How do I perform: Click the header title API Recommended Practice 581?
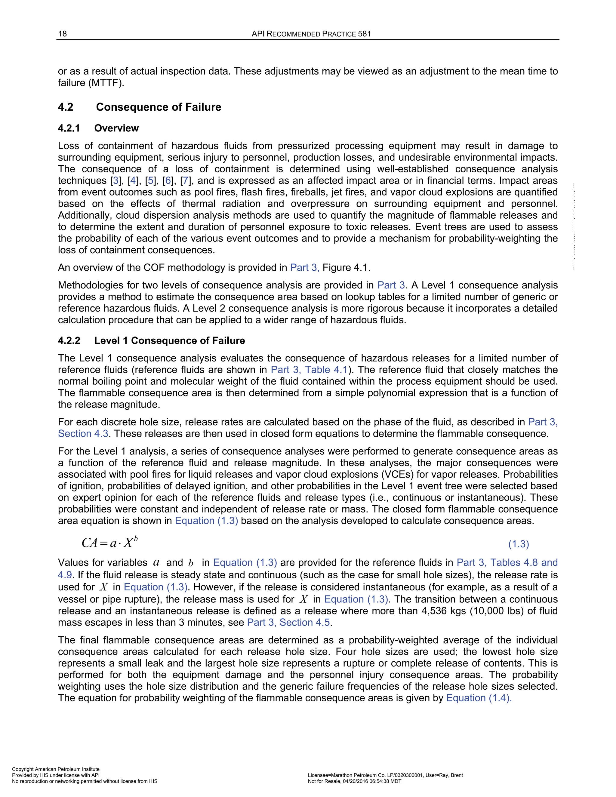coord(311,34)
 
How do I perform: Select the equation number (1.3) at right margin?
coord(518,544)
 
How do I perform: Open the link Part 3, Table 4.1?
coord(309,370)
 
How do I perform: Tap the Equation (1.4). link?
coord(479,698)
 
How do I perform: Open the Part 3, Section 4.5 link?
coord(289,622)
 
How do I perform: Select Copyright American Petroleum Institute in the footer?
coord(56,769)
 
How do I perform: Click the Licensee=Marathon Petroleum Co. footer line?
coord(385,775)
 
